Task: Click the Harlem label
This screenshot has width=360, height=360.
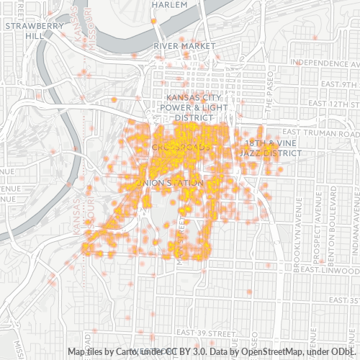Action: click(x=170, y=4)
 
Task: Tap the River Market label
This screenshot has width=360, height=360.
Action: click(x=185, y=46)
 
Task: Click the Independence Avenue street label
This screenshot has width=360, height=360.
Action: click(x=323, y=63)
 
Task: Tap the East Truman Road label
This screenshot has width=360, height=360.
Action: click(x=320, y=132)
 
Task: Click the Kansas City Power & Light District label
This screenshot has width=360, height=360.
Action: click(x=189, y=107)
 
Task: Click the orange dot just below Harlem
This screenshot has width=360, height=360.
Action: click(x=154, y=22)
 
